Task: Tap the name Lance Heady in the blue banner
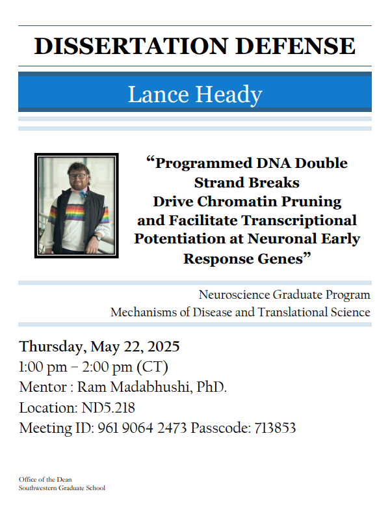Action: [x=194, y=94]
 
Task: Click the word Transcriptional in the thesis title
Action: [x=298, y=220]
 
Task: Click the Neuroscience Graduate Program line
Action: [x=284, y=295]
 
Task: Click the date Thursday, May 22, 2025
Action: [x=99, y=346]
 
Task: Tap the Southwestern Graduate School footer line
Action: [x=62, y=488]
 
